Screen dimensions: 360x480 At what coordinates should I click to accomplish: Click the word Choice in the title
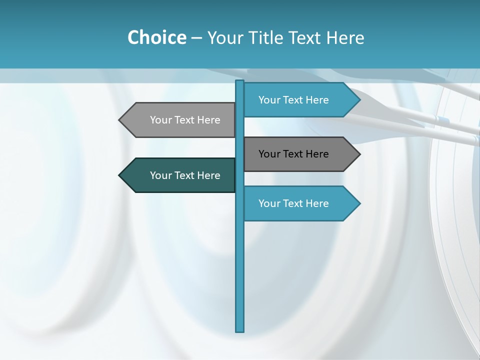pos(157,37)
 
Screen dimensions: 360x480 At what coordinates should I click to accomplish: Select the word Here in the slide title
pos(345,37)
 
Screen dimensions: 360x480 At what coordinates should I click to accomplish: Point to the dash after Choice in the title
pos(196,38)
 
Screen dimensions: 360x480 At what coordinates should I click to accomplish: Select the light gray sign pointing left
pos(180,120)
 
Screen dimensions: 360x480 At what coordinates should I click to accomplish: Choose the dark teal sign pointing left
pos(180,175)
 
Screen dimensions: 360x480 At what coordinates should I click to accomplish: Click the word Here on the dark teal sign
pos(208,175)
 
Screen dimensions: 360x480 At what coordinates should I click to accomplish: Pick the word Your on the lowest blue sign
pos(268,203)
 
